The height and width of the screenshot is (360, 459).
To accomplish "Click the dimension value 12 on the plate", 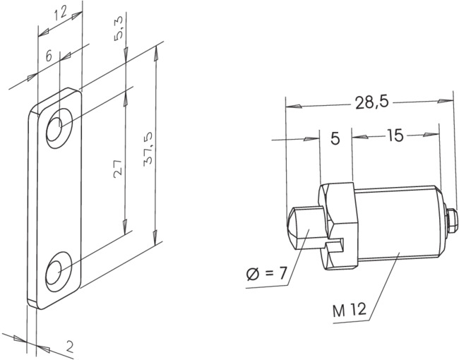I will point(61,13).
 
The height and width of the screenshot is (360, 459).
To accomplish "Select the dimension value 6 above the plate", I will point(48,56).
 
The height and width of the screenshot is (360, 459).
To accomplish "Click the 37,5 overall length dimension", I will point(149,148).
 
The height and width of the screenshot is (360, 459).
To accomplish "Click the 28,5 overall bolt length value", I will point(371,103).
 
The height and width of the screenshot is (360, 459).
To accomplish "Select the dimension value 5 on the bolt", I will point(335,138).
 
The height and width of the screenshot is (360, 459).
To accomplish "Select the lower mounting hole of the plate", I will point(56,270).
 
